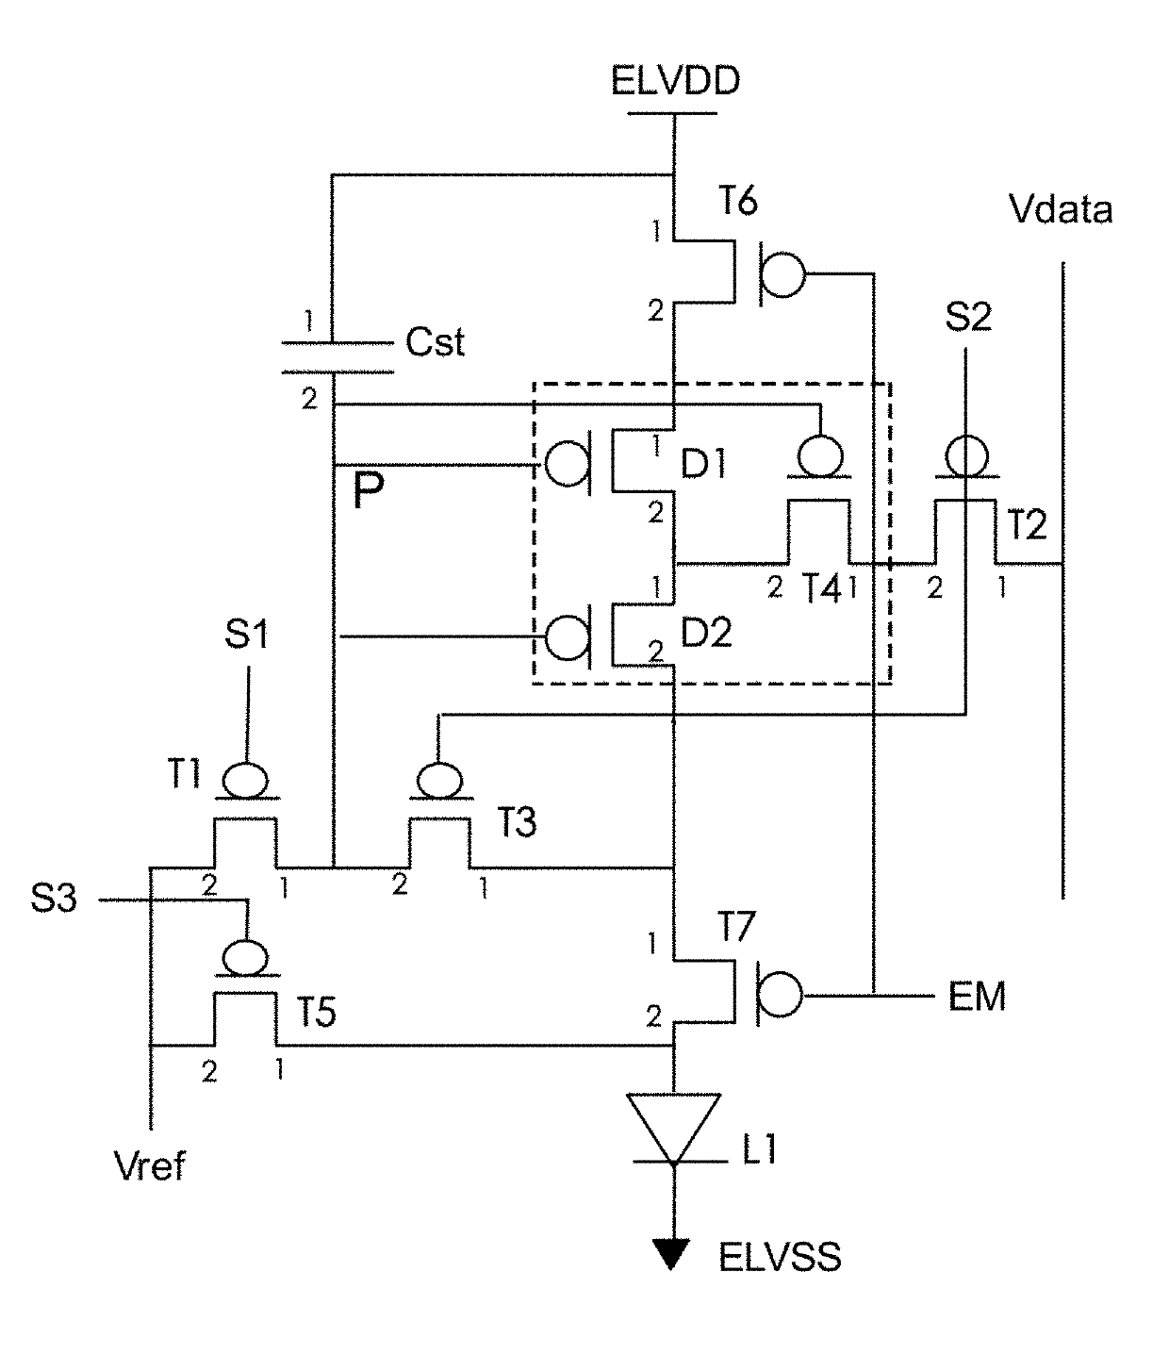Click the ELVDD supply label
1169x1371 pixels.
[x=675, y=81]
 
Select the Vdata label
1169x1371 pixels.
[x=1061, y=209]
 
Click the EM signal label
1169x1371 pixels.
[x=977, y=997]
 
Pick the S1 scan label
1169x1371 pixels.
[x=247, y=634]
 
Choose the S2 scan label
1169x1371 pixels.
[x=968, y=317]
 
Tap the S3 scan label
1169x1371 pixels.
[x=54, y=898]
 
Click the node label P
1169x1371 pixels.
[x=368, y=490]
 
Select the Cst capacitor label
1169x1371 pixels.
[x=435, y=342]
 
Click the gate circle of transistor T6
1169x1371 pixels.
[x=783, y=274]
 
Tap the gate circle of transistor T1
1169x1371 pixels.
[x=246, y=780]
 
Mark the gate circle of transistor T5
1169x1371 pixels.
[x=246, y=958]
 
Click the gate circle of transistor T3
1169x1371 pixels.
[x=439, y=780]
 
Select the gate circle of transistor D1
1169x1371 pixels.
[x=568, y=464]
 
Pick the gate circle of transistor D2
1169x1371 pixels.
[x=568, y=637]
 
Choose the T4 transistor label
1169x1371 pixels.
[x=821, y=587]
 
